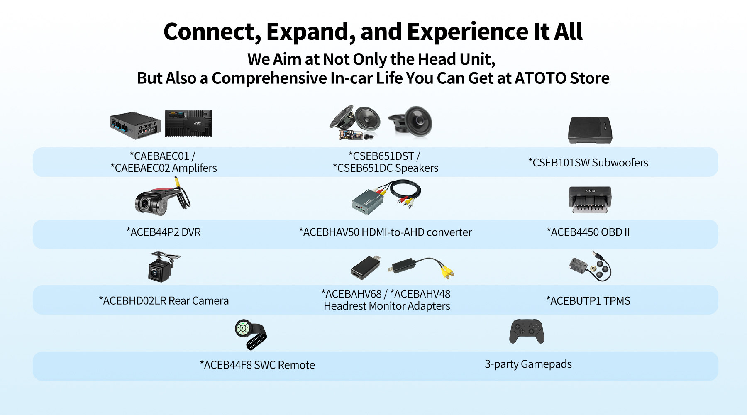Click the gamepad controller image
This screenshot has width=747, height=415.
(527, 331)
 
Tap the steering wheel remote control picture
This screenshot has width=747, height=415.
(250, 334)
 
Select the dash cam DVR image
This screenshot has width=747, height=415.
(162, 198)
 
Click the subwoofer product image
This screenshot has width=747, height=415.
(590, 130)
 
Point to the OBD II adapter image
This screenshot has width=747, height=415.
(590, 200)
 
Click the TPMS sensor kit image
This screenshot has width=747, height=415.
(590, 266)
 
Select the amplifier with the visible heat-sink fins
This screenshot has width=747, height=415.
(188, 123)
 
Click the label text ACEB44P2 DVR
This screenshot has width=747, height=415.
(164, 232)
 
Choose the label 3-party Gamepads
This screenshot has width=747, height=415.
(528, 364)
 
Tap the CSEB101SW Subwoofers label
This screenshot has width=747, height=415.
(588, 163)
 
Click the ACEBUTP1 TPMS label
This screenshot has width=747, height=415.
(588, 301)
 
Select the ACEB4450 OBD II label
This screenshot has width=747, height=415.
(588, 232)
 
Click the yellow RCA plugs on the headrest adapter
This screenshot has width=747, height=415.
(447, 271)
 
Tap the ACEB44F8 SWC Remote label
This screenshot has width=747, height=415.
(257, 365)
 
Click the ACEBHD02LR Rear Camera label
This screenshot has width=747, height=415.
(164, 301)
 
